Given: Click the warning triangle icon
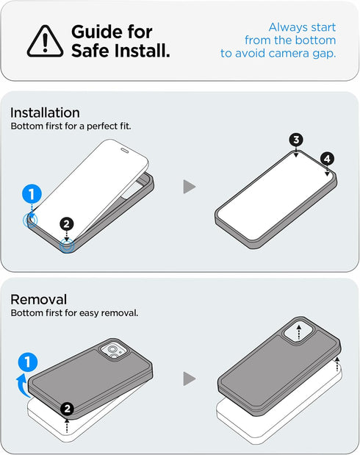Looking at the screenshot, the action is tap(45, 41).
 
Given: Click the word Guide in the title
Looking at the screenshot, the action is tap(96, 32).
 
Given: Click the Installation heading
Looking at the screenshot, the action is tap(45, 112).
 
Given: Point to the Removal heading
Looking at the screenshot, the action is tap(39, 299).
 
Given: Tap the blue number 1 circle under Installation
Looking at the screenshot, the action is tap(32, 194).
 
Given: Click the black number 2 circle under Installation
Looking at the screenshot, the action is tap(67, 224).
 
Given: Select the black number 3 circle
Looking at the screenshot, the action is tap(296, 140).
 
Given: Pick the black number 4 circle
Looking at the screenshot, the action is tap(327, 159).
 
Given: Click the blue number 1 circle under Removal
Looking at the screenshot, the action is tap(28, 362).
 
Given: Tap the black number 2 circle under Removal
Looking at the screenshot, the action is tap(68, 409).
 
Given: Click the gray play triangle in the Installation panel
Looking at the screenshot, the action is tap(190, 187).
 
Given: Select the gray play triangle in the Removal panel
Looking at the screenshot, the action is tap(190, 379).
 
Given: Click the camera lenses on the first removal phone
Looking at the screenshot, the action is tap(114, 351).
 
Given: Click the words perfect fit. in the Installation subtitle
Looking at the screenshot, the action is tap(109, 126).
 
